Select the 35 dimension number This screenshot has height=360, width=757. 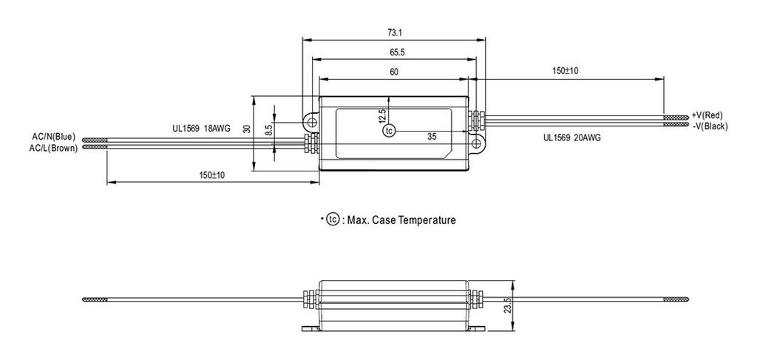point(432,137)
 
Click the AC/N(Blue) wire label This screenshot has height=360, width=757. point(53,137)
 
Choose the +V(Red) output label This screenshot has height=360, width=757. point(707,115)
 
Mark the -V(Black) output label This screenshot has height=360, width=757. point(710,126)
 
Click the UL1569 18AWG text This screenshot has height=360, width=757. point(201,129)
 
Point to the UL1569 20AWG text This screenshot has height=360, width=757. point(573,137)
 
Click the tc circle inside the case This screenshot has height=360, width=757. point(390,131)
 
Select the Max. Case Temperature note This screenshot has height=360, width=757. point(393,220)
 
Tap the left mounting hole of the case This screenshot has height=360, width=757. point(312,118)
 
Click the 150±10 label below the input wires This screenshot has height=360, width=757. point(213,175)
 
